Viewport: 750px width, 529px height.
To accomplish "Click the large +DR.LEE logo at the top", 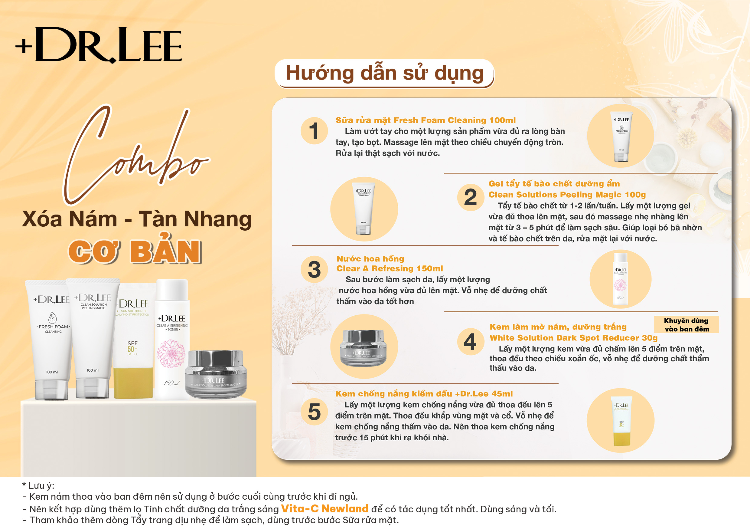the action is point(99,45).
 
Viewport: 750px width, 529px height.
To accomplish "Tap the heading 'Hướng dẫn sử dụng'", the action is point(384,73).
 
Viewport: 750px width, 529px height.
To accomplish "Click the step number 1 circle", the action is point(314,131).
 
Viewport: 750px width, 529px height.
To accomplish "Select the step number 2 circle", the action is point(470,197).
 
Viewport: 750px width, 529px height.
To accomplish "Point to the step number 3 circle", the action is point(314,269).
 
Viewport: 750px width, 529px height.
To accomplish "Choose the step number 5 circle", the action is point(314,412).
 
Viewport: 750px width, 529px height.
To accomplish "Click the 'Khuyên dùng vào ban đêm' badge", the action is point(686,325).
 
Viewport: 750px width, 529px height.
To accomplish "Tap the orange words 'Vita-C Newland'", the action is point(325,509).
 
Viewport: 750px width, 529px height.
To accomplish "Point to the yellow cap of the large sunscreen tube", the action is point(133,383).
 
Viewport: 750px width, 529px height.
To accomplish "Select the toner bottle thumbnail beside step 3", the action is point(620,279).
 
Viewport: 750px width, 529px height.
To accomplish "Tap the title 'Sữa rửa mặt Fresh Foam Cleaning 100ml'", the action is point(426,120).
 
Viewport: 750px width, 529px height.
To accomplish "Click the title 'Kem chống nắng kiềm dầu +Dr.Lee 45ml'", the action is point(424,394).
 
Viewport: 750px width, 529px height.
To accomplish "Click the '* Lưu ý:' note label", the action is point(38,486).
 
